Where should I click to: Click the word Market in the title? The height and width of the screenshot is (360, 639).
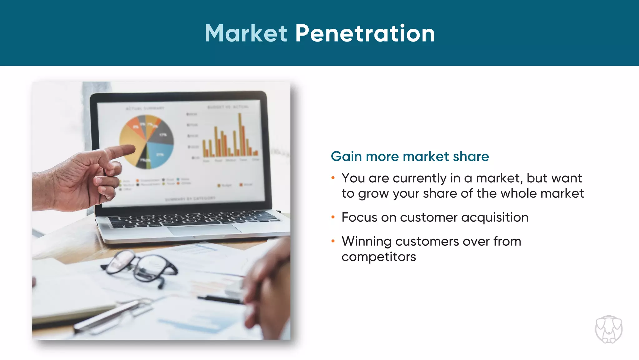point(246,33)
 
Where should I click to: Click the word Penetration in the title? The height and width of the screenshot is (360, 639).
point(365,33)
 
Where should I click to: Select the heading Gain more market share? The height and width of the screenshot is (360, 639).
point(410,156)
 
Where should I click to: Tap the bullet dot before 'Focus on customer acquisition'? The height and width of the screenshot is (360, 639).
point(333,217)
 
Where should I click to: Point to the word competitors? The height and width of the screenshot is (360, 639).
point(378,257)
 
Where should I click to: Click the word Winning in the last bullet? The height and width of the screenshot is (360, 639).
point(366,242)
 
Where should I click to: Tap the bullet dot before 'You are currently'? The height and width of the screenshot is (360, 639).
point(333,178)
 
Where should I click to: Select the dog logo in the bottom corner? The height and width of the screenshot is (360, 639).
point(608,330)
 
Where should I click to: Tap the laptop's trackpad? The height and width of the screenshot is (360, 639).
point(204,230)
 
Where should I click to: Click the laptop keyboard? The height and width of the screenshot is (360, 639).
point(193,218)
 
